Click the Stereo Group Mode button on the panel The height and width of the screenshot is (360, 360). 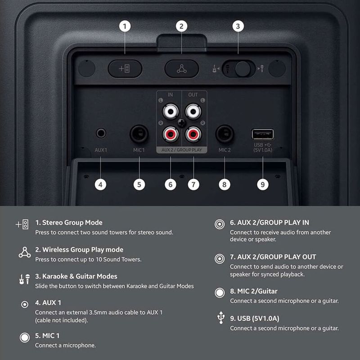[125, 68]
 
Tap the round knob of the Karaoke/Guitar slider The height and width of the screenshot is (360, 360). [243, 69]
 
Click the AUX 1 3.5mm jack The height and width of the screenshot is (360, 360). [101, 133]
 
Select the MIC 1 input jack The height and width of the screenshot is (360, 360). [139, 134]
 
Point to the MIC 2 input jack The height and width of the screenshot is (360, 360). [225, 134]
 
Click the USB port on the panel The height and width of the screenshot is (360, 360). [263, 134]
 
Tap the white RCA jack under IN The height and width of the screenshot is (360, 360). [171, 111]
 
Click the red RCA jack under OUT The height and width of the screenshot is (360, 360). [193, 134]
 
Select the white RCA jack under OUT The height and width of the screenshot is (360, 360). [193, 111]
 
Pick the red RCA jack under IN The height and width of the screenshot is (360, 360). [171, 134]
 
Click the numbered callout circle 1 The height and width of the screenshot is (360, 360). [125, 26]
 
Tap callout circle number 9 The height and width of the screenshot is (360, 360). [263, 184]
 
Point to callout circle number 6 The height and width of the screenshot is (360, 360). [171, 184]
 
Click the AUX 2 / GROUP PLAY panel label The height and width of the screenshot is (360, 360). [182, 150]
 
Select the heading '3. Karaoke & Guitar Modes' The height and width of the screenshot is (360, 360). [76, 276]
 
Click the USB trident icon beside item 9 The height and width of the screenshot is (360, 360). [221, 318]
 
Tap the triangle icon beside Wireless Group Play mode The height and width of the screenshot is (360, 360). [25, 252]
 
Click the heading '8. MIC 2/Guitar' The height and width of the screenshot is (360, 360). [254, 291]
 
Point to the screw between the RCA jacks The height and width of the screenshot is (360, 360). [182, 123]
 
